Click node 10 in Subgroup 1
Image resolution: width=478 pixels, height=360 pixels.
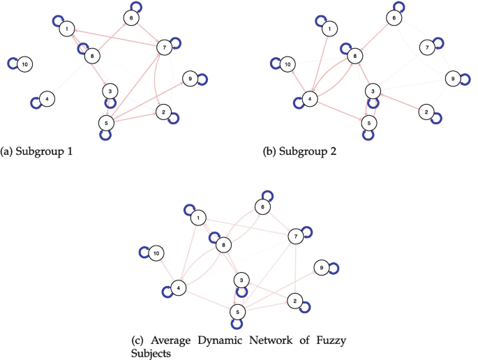(25, 64)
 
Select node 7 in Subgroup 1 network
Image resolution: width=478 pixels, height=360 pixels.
(164, 47)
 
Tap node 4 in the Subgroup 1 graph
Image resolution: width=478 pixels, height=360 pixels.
(46, 98)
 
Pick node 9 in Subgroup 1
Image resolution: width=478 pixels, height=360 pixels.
(188, 78)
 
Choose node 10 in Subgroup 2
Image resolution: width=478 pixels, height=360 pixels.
(286, 66)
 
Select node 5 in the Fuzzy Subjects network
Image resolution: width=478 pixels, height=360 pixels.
(238, 312)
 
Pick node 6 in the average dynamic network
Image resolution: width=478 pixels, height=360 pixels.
(262, 207)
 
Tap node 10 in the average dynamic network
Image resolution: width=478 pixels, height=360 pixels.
(158, 253)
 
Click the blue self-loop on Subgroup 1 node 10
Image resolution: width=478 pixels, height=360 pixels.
(13, 63)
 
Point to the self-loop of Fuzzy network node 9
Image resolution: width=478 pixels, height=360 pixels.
(334, 268)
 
